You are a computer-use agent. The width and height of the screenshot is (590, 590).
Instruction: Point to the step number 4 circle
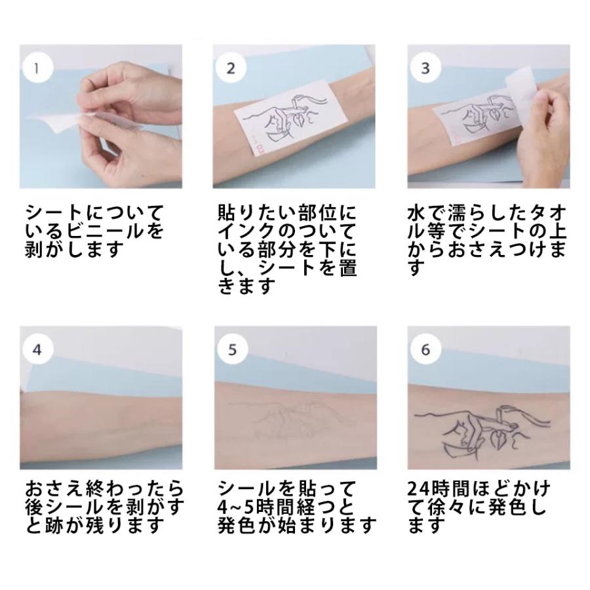coord(37,350)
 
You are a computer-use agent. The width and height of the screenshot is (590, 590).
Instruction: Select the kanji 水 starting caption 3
coord(416,214)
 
